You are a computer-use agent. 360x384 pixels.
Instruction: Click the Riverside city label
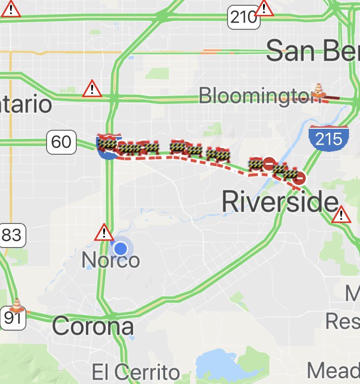pyautogui.click(x=280, y=202)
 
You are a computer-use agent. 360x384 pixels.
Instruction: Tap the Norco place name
pyautogui.click(x=110, y=260)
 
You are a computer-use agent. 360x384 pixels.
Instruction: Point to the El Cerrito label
pyautogui.click(x=136, y=372)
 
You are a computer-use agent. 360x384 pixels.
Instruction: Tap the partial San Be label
pyautogui.click(x=312, y=51)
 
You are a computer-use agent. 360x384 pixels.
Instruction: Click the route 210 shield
pyautogui.click(x=244, y=17)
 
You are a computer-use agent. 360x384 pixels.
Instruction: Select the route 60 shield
pyautogui.click(x=61, y=141)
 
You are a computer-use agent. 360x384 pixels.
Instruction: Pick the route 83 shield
pyautogui.click(x=12, y=235)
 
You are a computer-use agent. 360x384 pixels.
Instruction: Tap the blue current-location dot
pyautogui.click(x=120, y=248)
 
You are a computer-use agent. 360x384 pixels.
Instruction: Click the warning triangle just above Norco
pyautogui.click(x=104, y=233)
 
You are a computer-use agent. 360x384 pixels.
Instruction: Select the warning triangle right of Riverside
pyautogui.click(x=341, y=214)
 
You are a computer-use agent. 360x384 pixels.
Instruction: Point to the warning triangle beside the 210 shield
pyautogui.click(x=264, y=9)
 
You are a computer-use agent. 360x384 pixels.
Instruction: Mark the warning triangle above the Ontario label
pyautogui.click(x=91, y=89)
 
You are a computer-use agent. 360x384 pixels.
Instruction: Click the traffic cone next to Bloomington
pyautogui.click(x=319, y=90)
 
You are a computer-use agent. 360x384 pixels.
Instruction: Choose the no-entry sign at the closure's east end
pyautogui.click(x=299, y=179)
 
